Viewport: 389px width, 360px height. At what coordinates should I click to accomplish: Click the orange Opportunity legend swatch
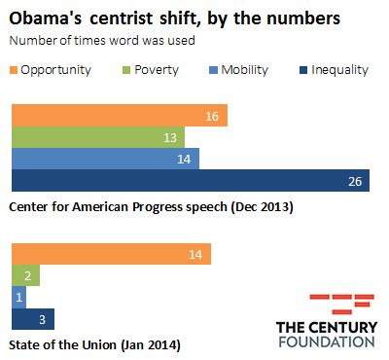tap(13, 70)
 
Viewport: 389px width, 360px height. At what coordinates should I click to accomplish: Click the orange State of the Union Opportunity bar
tap(110, 255)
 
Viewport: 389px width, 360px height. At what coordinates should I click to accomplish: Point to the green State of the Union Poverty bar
tap(24, 276)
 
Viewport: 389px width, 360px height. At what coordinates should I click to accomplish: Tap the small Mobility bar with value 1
tap(17, 298)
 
